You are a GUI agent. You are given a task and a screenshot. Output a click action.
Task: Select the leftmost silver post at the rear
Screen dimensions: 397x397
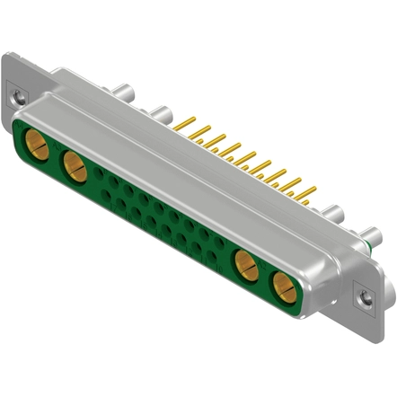[125, 92]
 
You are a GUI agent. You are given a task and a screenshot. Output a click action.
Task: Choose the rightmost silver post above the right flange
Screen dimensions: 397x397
[369, 238]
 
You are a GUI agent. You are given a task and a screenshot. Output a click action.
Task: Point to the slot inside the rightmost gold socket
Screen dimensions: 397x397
[282, 289]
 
